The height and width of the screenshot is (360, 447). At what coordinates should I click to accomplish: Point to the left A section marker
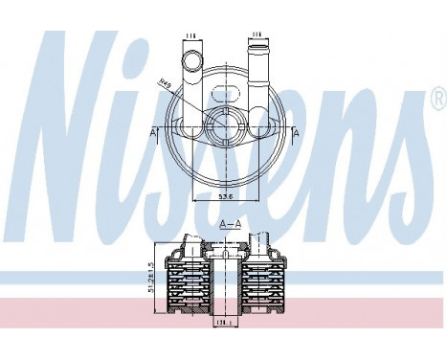point(155,130)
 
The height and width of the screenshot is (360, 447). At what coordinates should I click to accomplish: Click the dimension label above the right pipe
point(257,35)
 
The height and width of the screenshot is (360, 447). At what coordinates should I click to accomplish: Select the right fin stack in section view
point(264,282)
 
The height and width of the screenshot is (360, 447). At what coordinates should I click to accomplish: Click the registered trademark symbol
point(437,100)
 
